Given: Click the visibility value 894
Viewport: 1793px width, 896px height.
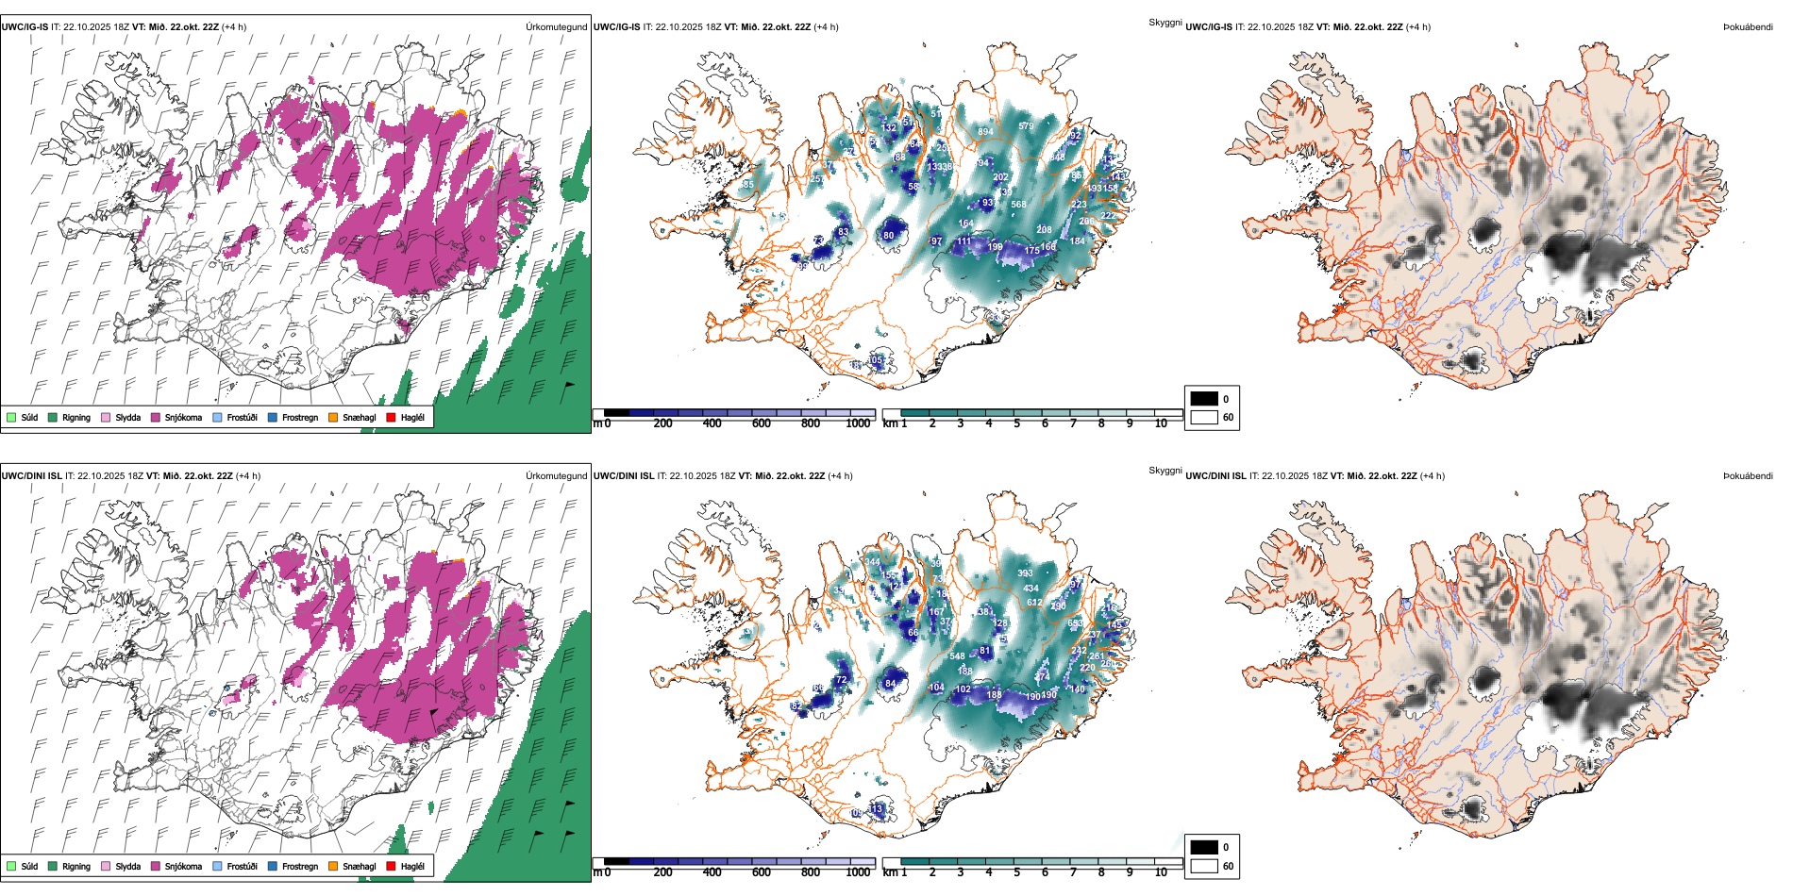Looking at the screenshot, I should point(984,132).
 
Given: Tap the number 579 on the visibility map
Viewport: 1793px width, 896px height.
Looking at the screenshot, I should point(1026,126).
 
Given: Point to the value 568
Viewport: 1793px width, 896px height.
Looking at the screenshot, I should point(1018,205).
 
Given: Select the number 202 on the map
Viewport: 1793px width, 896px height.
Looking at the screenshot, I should point(1000,177).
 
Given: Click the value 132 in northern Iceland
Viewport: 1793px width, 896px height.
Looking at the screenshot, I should point(889,128).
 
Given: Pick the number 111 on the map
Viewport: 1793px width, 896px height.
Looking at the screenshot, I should point(964,242).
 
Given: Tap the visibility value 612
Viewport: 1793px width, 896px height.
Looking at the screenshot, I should point(1034,603).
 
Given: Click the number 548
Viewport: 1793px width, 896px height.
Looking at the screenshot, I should point(957,656).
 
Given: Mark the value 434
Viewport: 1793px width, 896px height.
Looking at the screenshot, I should point(1031,589).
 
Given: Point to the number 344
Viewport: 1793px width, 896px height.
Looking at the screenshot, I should point(872,563).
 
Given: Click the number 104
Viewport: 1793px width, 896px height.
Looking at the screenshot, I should point(936,688).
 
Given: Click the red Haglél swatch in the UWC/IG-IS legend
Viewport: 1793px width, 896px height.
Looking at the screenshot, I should point(391,417).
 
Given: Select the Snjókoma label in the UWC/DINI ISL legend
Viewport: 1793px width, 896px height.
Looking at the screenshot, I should point(183,866).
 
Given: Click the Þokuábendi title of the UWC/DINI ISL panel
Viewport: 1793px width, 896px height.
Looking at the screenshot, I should point(1748,475).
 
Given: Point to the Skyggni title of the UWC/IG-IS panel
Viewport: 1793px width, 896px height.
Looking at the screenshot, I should point(1165,22).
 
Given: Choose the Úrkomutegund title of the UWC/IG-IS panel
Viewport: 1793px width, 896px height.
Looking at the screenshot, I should point(556,26).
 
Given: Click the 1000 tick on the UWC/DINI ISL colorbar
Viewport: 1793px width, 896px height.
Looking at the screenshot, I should point(858,872).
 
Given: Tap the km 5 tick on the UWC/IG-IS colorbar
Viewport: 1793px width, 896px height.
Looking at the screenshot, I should point(1017,423).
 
